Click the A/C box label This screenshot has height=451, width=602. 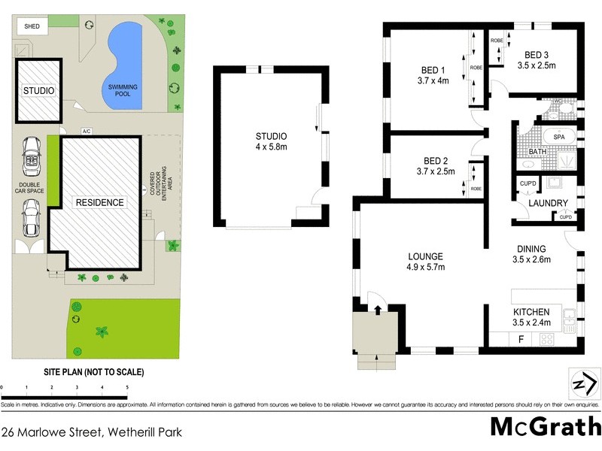click(x=86, y=132)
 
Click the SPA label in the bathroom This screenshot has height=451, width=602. click(x=559, y=138)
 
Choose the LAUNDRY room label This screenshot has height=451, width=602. click(x=547, y=203)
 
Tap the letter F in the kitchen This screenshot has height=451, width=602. click(x=520, y=340)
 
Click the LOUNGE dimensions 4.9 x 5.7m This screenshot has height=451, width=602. click(x=426, y=267)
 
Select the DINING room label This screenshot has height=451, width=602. click(x=531, y=250)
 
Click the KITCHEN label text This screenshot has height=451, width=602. click(x=531, y=312)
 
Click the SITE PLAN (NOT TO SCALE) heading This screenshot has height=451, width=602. click(x=93, y=372)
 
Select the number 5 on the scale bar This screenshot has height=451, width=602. click(x=126, y=387)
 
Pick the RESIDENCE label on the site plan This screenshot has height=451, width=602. click(x=99, y=202)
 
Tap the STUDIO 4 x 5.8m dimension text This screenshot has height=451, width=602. click(x=272, y=147)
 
